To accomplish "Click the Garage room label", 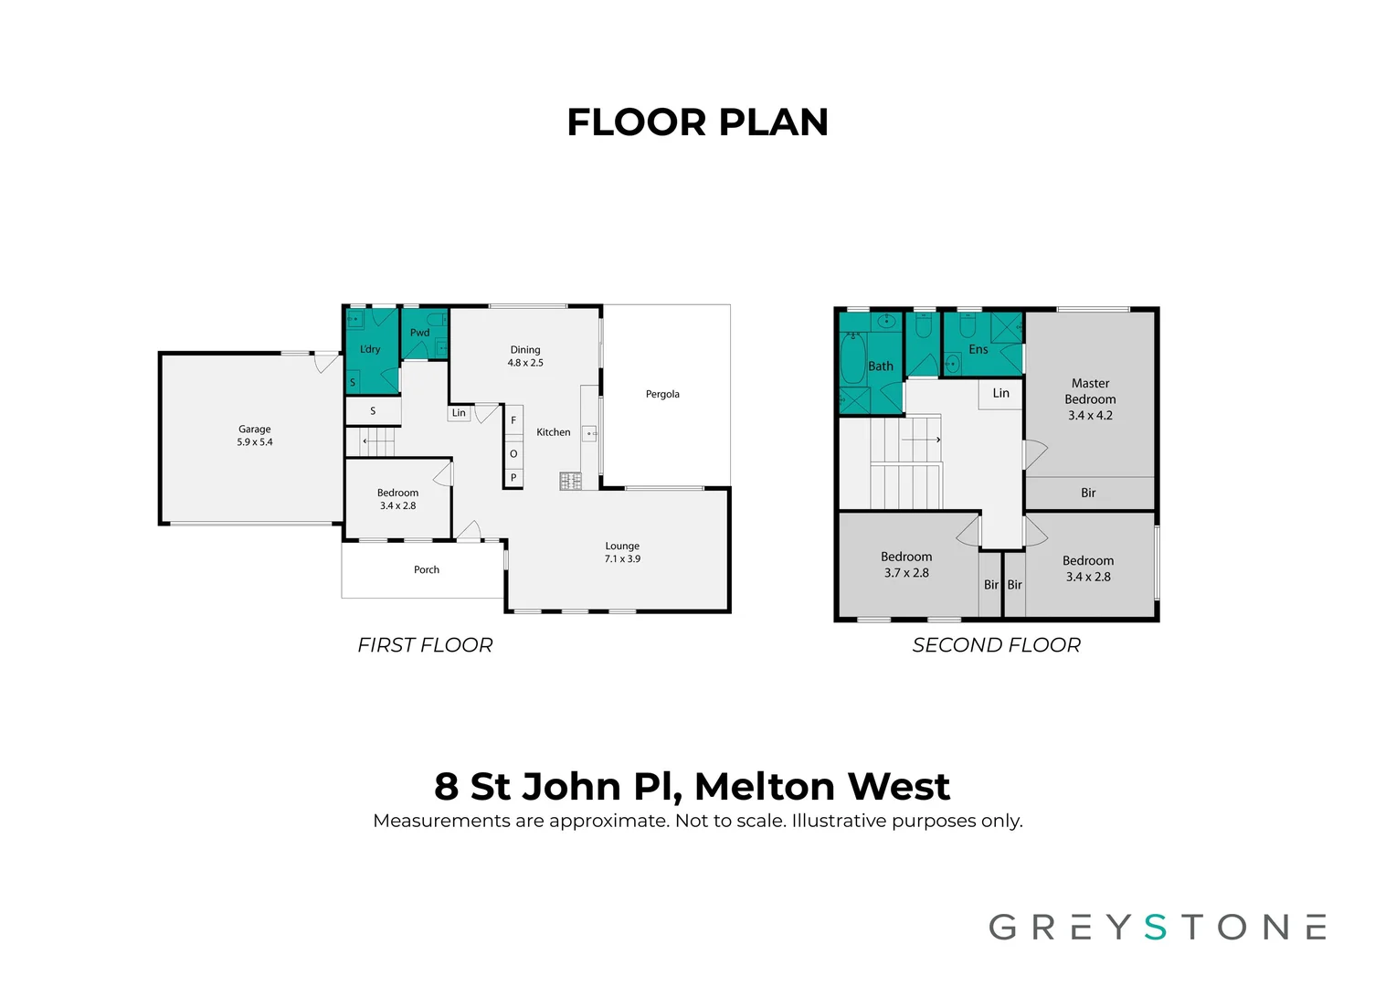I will (254, 429).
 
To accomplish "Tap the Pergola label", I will (662, 394).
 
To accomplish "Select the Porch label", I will (427, 569).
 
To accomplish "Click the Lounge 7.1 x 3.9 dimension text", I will (622, 559).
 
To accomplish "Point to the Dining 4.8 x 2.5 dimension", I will (525, 363).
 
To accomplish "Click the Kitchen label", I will (553, 432).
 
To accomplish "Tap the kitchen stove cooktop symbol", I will (570, 481).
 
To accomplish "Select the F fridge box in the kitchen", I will (513, 420).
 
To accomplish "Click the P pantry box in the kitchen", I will (513, 477).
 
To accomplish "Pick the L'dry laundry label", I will (370, 349).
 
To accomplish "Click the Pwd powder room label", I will (419, 333).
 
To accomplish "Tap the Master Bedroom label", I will (1090, 391).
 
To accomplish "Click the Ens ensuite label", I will (978, 349).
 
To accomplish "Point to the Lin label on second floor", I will (1001, 393).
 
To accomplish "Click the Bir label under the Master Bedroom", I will (1088, 493).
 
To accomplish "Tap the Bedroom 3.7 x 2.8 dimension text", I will (906, 573).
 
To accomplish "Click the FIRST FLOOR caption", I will (425, 645).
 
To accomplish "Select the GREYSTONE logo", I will (1157, 927).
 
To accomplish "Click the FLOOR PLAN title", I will (697, 122).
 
